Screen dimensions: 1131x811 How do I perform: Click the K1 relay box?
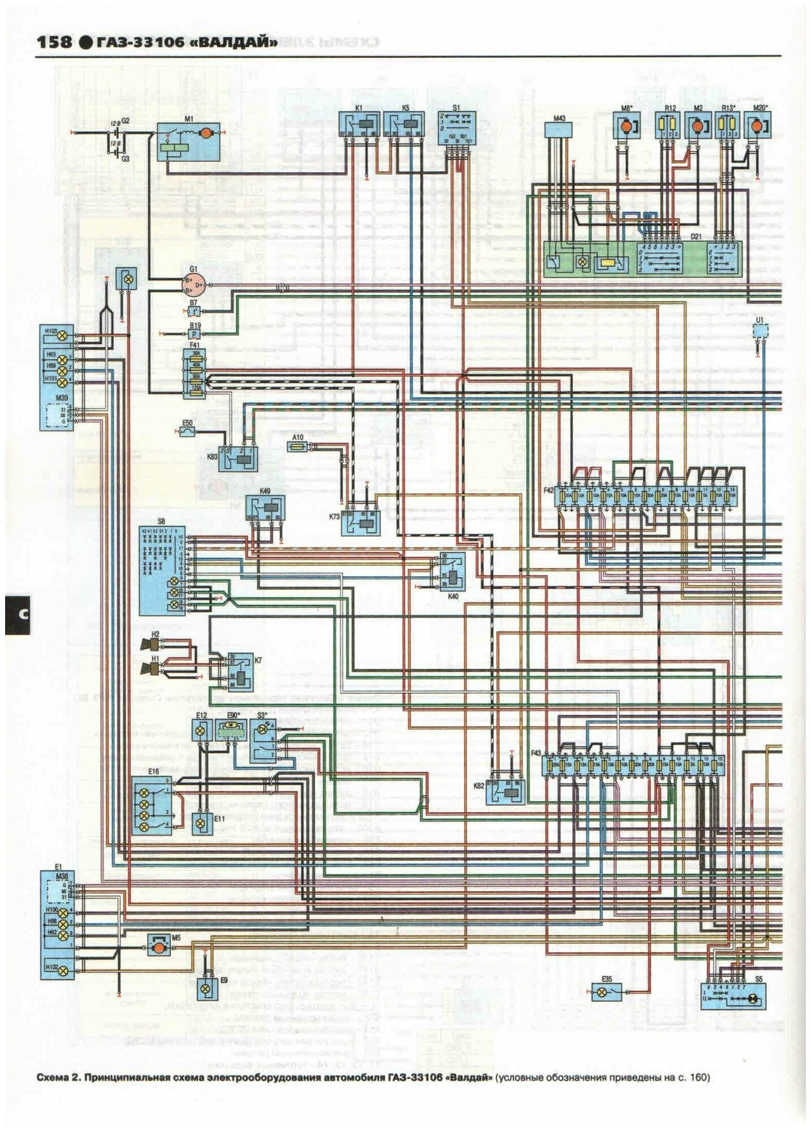(357, 127)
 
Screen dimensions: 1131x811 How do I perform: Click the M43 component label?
(559, 119)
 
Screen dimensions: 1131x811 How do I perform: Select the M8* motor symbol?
(627, 126)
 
